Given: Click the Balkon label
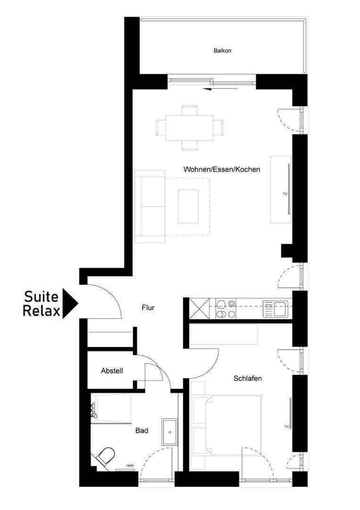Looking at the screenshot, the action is (223, 51).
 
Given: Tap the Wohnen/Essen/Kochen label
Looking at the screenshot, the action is (222, 170).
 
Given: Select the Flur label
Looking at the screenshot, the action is (148, 307).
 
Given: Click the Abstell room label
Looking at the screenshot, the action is (112, 371).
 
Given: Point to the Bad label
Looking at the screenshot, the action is (142, 431).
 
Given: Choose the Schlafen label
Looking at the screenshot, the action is (248, 378).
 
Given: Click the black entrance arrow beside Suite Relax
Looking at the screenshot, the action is (70, 304).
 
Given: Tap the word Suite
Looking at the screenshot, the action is (41, 296).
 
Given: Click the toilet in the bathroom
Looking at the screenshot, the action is (106, 456).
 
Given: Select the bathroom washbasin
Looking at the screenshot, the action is (169, 432).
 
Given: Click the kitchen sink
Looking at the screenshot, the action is (276, 309).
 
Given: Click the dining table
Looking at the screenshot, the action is (189, 127).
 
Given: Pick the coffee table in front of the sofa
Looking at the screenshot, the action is (188, 206).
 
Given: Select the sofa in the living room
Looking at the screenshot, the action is (150, 206).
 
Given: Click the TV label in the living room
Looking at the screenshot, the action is (285, 194).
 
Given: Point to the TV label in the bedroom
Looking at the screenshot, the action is (286, 426).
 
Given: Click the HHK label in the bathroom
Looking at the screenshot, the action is (130, 466).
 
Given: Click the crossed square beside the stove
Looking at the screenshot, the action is (199, 309).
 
